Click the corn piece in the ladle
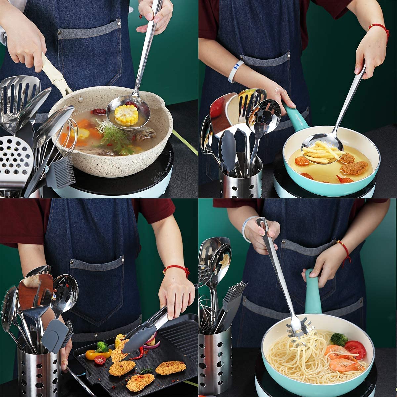126,114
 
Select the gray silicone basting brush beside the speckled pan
62,172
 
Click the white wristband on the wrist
235,71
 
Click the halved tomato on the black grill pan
100,360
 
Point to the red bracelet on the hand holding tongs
177,269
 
